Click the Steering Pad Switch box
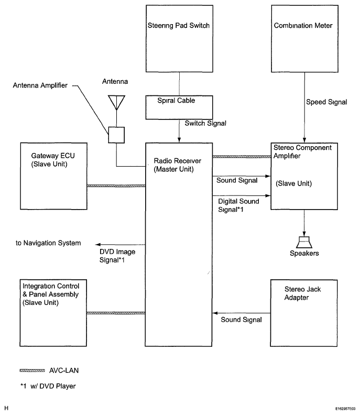point(179,39)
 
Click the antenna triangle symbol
point(116,102)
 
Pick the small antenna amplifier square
point(116,135)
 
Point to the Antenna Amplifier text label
point(40,85)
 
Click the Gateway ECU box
point(52,176)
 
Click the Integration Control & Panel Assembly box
point(52,312)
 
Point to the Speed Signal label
point(326,103)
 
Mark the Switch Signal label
point(204,123)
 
